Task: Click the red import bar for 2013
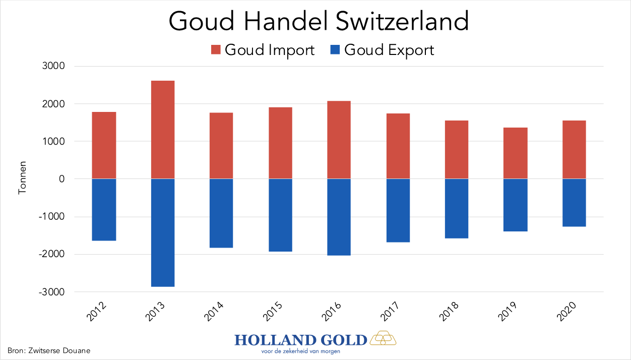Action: coord(163,130)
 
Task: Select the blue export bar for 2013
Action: coord(163,232)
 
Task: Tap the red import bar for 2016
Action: coord(339,140)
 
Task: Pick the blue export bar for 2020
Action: coord(574,203)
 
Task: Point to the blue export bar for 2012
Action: coord(104,210)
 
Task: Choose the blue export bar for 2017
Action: coord(398,210)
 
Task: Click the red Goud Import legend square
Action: coord(216,50)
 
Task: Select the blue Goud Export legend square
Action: coord(335,50)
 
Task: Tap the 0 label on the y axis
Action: coord(61,179)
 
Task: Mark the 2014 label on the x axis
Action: coord(215,313)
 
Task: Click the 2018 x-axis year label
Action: coord(450,313)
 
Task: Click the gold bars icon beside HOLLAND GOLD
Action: coord(383,338)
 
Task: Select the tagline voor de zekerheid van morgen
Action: coord(300,350)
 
